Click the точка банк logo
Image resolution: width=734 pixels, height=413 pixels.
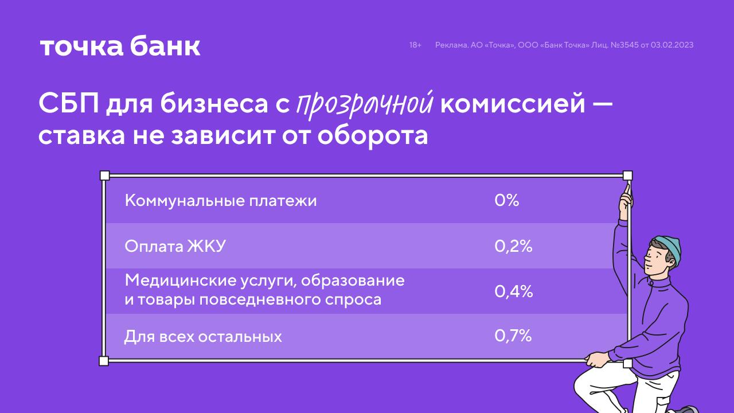tap(120, 47)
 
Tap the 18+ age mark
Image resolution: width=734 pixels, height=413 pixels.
tap(415, 45)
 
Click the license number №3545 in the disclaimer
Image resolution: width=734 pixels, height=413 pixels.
tap(624, 45)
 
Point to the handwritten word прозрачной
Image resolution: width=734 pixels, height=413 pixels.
tap(365, 105)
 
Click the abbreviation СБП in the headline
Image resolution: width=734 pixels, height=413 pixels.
tap(69, 103)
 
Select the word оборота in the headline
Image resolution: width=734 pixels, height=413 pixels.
tap(373, 136)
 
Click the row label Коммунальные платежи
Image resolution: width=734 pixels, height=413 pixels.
tap(221, 201)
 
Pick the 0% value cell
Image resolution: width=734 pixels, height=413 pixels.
tap(506, 200)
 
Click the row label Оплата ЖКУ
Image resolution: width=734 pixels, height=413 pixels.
tap(175, 246)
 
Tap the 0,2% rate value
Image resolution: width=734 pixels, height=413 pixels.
tap(513, 246)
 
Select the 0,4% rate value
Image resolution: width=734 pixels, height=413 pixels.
tap(513, 291)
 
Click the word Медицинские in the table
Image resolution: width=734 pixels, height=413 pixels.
tap(180, 280)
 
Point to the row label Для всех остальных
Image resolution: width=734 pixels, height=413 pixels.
tap(203, 337)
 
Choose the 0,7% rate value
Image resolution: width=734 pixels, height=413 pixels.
tap(513, 336)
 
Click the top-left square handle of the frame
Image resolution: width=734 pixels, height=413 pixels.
tap(104, 176)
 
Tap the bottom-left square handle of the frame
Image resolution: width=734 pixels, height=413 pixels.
tap(104, 361)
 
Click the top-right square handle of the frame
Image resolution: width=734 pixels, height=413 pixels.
tap(627, 176)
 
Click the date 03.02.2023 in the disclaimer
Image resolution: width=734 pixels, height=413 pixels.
tap(672, 45)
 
